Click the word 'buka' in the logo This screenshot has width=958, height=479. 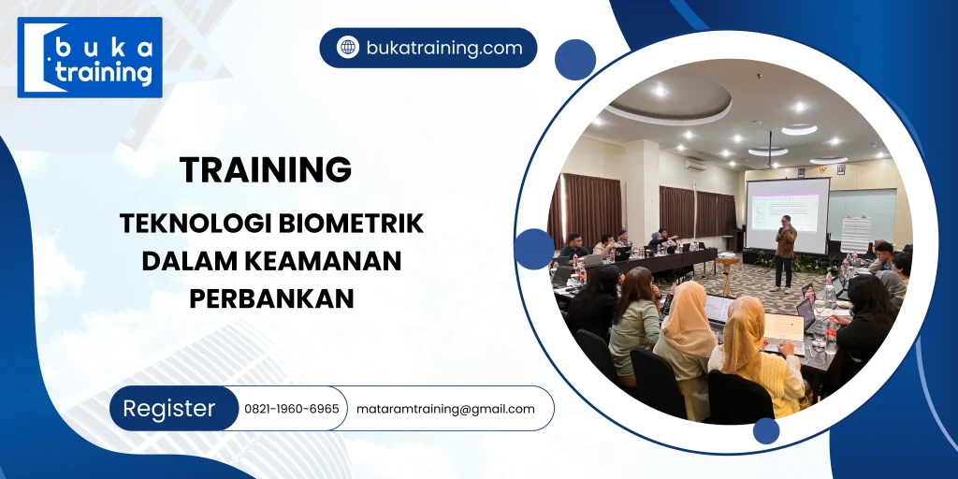pyautogui.click(x=103, y=46)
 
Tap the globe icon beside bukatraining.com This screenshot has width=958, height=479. pyautogui.click(x=348, y=48)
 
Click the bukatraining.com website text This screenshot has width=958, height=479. pyautogui.click(x=443, y=48)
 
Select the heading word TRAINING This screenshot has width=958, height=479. pyautogui.click(x=266, y=169)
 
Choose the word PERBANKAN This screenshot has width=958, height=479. pyautogui.click(x=272, y=298)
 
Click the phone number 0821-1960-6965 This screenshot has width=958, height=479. pyautogui.click(x=291, y=409)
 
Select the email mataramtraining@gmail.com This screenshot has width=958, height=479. pyautogui.click(x=445, y=409)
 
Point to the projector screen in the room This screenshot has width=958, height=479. pyautogui.click(x=787, y=214)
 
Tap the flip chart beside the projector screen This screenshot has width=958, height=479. pyautogui.click(x=855, y=234)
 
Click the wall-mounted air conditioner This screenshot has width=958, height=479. pyautogui.click(x=694, y=163)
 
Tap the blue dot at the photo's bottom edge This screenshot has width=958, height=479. pyautogui.click(x=766, y=430)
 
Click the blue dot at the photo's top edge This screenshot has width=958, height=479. pyautogui.click(x=574, y=60)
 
